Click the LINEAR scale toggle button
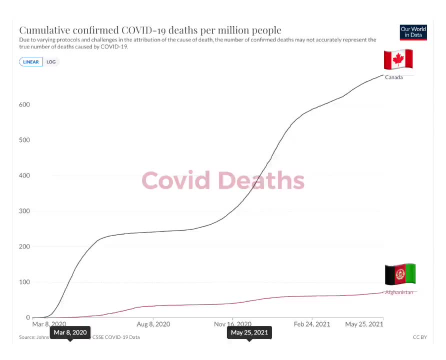pyautogui.click(x=31, y=62)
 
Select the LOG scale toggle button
pyautogui.click(x=51, y=62)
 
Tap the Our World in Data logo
pyautogui.click(x=413, y=32)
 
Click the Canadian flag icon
pyautogui.click(x=398, y=59)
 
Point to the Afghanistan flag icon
pyautogui.click(x=399, y=274)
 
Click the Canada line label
pyautogui.click(x=393, y=77)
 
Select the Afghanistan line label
pyautogui.click(x=399, y=292)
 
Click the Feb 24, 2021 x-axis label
pyautogui.click(x=312, y=324)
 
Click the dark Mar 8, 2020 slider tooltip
pyautogui.click(x=70, y=332)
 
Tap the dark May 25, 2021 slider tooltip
pyautogui.click(x=249, y=332)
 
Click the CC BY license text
pyautogui.click(x=420, y=337)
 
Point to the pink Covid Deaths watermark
pyautogui.click(x=223, y=180)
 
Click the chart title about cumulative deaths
pyautogui.click(x=150, y=30)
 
